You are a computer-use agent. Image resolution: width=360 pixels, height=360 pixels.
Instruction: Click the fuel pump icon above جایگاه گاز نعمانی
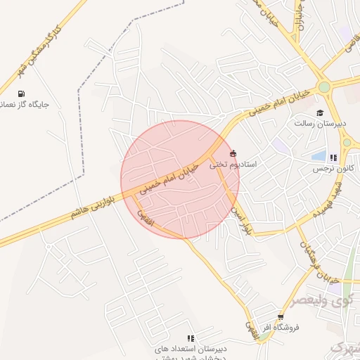click(x=21, y=94)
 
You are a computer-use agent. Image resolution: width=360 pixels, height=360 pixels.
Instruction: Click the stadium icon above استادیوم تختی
click(x=233, y=153)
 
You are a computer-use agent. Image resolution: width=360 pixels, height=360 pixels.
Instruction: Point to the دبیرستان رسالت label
click(x=320, y=123)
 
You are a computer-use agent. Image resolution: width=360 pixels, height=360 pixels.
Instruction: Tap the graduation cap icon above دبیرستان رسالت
click(x=320, y=112)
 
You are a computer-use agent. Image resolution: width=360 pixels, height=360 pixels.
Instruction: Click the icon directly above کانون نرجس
click(x=334, y=158)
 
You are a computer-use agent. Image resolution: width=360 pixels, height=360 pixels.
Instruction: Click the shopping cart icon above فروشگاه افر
click(x=281, y=318)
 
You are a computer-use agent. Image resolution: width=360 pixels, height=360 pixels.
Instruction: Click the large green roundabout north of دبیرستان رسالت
click(x=323, y=87)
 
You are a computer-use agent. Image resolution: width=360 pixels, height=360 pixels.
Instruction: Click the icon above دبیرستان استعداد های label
click(x=191, y=338)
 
